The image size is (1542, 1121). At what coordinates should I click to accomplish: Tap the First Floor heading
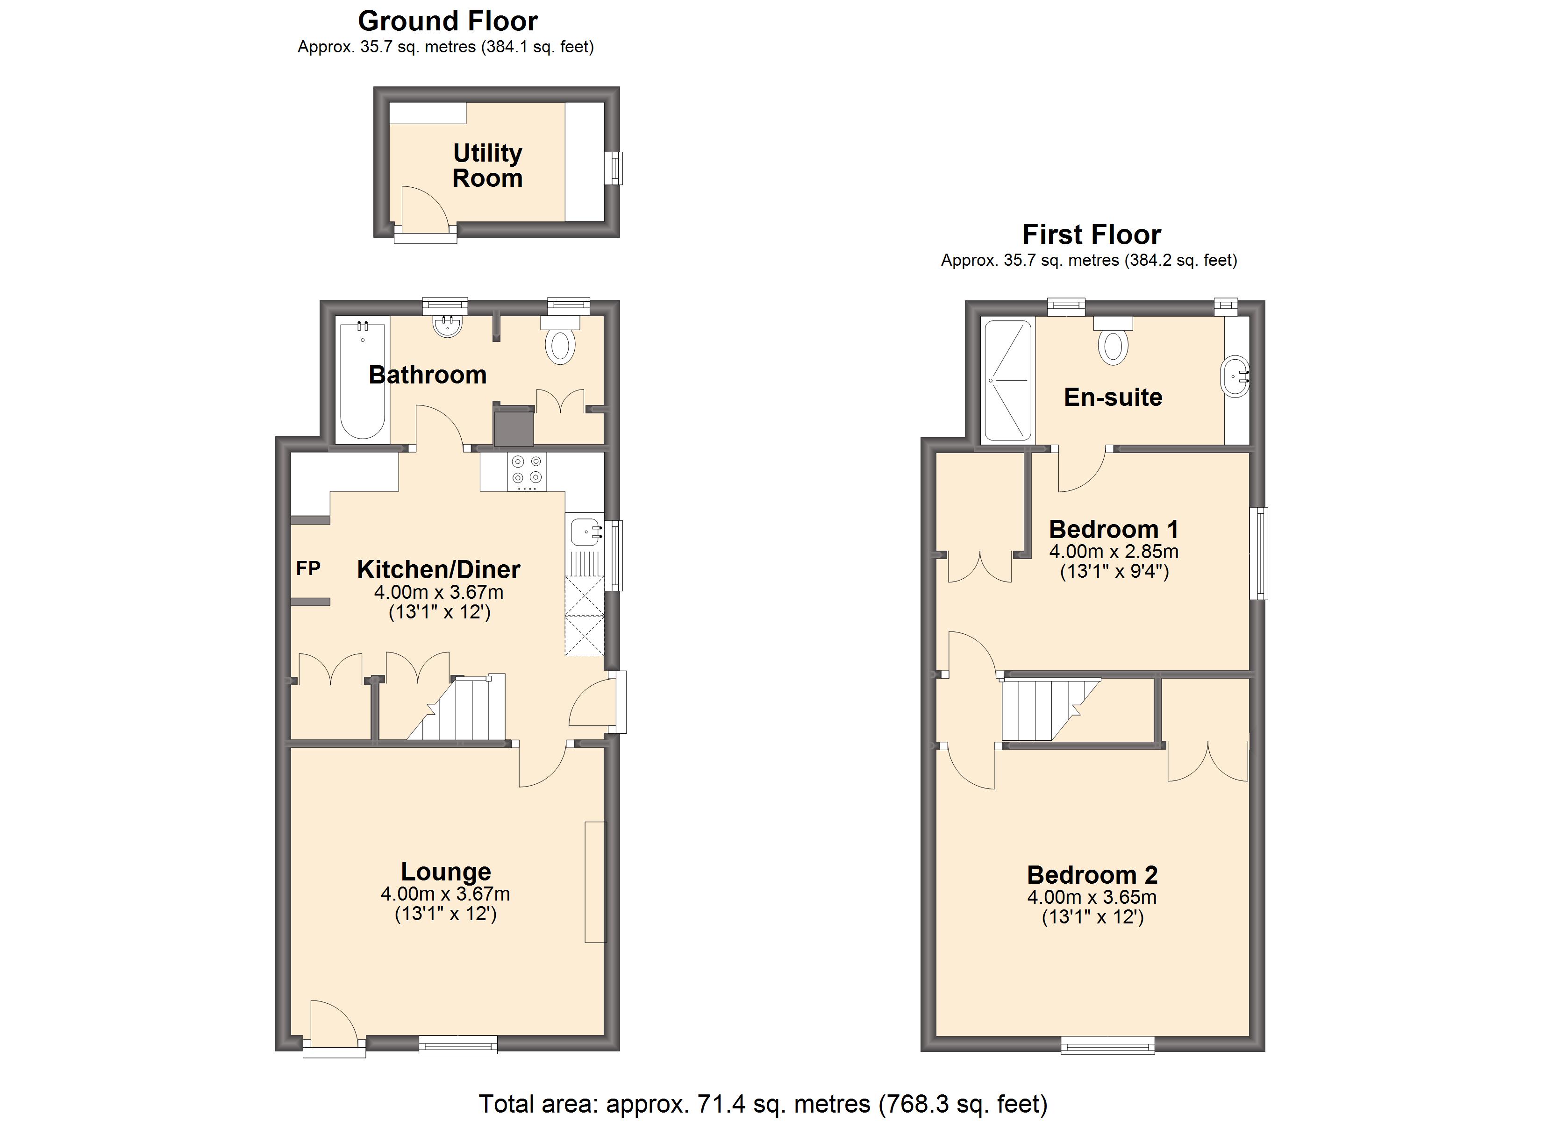tap(1091, 234)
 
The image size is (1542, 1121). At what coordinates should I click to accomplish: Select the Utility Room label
tap(487, 165)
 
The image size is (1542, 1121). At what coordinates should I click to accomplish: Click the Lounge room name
tap(445, 872)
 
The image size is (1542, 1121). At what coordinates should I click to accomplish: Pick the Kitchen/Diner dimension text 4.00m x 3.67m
tap(438, 592)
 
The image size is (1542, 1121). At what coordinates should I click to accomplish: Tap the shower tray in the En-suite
tap(1007, 381)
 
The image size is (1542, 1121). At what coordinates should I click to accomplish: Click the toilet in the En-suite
tap(1113, 345)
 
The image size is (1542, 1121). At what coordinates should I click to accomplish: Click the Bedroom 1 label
tap(1113, 529)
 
